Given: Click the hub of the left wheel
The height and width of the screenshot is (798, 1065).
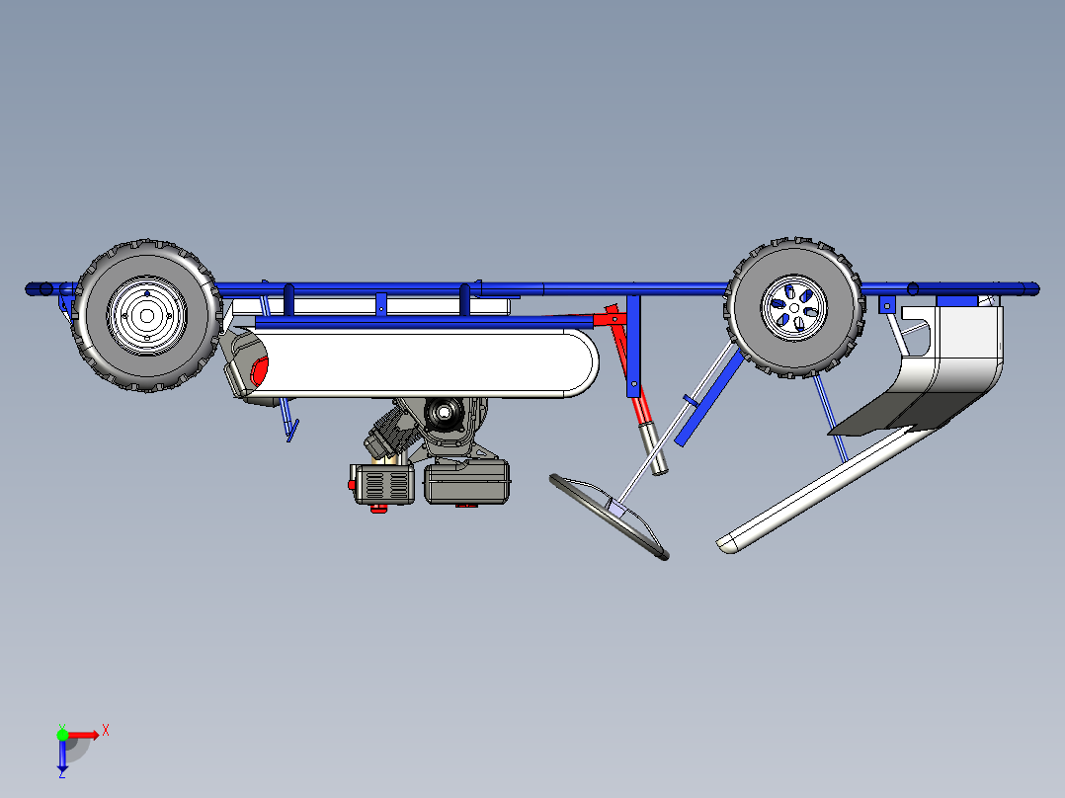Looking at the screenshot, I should (146, 315).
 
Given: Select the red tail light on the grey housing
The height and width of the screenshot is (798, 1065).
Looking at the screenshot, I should (260, 371).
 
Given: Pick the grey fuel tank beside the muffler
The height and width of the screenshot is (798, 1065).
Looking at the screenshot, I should (467, 483).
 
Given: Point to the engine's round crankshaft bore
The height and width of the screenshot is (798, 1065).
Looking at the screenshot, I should (441, 412).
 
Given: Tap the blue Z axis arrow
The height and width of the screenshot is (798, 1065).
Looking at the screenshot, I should (62, 757).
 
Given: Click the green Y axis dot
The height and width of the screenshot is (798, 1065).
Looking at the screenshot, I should (62, 734).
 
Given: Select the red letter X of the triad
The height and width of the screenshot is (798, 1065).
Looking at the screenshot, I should (105, 730).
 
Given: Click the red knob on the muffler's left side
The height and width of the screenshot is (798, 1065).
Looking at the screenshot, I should (352, 485).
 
